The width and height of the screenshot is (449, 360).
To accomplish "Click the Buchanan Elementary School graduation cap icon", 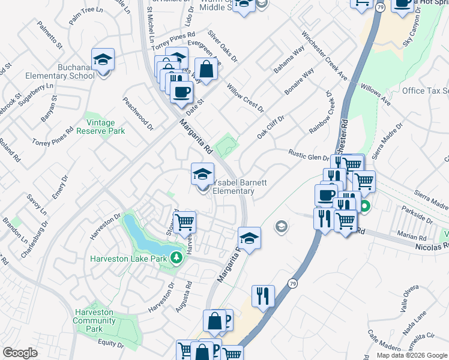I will coord(103,59).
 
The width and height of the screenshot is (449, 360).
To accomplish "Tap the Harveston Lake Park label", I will coord(128,259).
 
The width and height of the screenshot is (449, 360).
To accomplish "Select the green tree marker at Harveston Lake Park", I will coord(176,258).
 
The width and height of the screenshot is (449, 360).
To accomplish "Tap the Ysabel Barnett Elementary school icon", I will coord(202,175).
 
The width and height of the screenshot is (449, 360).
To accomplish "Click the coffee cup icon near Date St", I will coord(182,92).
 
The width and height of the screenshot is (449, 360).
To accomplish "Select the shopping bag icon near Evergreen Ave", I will coord(206,69).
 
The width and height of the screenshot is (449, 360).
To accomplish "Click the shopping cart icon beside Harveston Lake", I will coord(185,222).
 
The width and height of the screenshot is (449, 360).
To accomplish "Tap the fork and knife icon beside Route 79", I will coord(263,296).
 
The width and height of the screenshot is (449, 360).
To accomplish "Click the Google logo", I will coord(20,353).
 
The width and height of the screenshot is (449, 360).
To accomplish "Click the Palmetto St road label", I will coord(50,35).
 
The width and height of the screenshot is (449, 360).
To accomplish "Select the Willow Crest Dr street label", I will coord(246,98).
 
